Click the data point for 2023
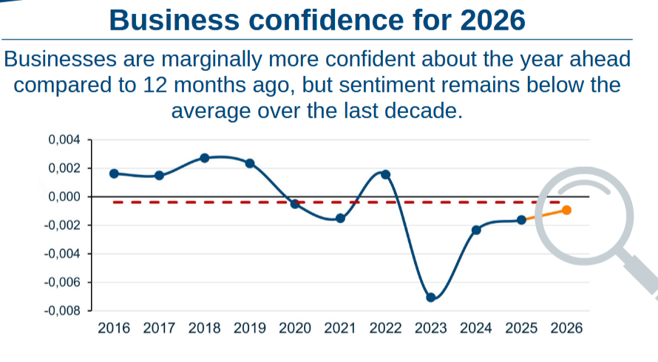pos(431,297)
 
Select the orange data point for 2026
pos(566,210)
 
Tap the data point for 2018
pos(205,158)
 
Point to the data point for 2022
pos(385,174)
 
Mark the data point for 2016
pos(114,174)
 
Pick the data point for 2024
pos(476,230)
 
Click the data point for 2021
pos(340,218)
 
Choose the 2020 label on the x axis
pos(295,328)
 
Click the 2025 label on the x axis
pos(521,328)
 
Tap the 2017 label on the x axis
pos(159,328)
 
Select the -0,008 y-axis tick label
pos(62,311)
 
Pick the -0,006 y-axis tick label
pos(62,282)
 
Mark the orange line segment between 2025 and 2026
pos(544,215)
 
